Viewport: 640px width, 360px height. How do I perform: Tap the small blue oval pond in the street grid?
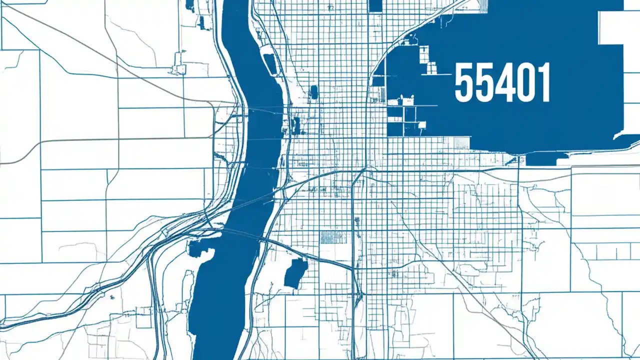[x=314, y=92]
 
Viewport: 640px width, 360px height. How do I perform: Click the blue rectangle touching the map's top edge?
[x=375, y=5]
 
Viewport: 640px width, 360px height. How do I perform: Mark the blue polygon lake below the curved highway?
[x=295, y=273]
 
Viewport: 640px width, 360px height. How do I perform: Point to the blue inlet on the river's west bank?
[x=201, y=248]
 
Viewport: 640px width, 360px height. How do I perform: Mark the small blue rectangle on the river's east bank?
[x=296, y=126]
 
